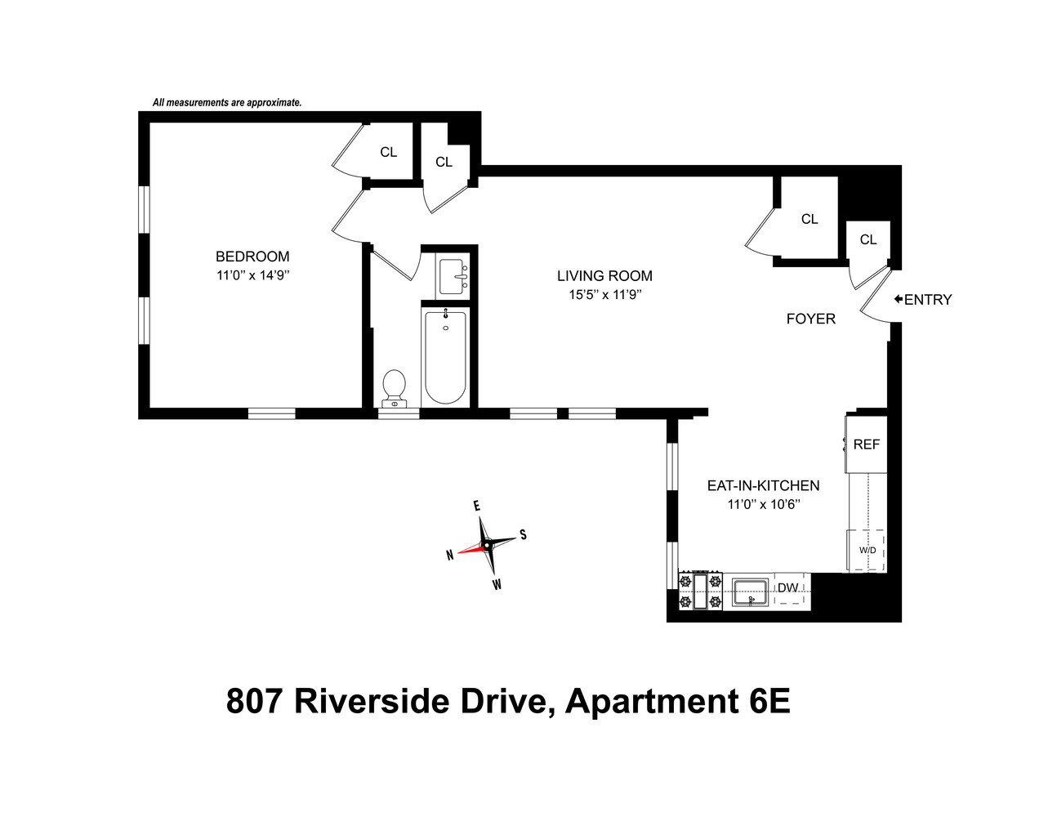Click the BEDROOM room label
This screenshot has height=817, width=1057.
coord(252,257)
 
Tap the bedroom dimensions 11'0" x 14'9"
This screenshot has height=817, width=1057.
coord(252,276)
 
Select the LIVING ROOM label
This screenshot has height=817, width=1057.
coord(604,276)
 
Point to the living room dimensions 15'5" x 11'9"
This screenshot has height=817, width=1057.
coord(604,295)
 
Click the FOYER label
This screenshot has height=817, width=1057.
coord(810,319)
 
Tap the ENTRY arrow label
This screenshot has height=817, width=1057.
coord(923,300)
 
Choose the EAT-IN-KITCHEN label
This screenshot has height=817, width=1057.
coord(763,485)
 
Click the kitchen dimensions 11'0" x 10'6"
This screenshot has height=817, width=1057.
coord(763,505)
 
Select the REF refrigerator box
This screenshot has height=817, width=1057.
coord(866,444)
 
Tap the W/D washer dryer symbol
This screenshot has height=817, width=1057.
coord(867,550)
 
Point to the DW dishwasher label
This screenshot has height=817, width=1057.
coord(787,588)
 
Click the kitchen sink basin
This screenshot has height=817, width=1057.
coord(750,592)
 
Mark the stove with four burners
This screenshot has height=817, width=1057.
coord(701,592)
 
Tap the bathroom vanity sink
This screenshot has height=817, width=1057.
coord(453,276)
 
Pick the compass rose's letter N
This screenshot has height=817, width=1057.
coord(450,556)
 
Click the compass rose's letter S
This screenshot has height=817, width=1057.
coord(523,535)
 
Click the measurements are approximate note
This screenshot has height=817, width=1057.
coord(227,103)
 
